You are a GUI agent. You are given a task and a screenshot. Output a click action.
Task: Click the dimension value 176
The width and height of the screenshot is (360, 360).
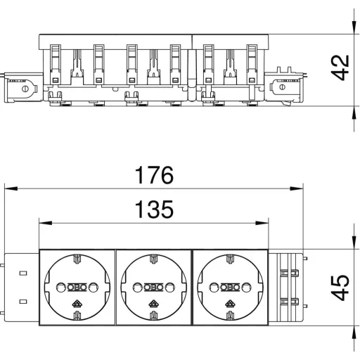(x=154, y=175)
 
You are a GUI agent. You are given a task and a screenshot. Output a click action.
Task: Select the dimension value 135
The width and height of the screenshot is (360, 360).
(x=154, y=210)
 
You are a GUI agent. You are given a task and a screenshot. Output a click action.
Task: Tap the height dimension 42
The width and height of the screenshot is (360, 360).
(x=340, y=67)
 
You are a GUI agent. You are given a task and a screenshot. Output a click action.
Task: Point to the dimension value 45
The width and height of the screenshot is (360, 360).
(x=340, y=288)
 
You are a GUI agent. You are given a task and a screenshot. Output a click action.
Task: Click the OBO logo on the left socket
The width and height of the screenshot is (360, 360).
(x=77, y=288)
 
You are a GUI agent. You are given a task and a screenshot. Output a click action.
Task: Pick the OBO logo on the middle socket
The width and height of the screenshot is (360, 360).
(x=153, y=288)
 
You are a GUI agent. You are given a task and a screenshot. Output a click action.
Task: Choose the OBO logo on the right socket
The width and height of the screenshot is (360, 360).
(x=230, y=288)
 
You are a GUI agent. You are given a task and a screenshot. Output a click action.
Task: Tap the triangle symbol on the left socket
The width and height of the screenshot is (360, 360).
(x=77, y=304)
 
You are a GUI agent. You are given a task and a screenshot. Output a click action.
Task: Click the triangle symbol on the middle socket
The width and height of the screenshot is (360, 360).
(x=153, y=304)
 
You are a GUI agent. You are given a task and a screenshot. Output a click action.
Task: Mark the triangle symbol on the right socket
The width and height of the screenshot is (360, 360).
(x=230, y=304)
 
